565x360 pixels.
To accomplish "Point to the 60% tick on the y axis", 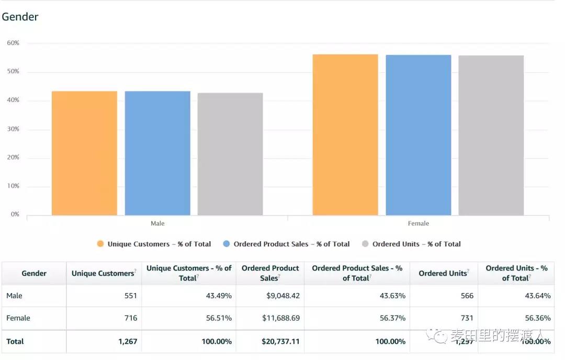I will tap(13, 43).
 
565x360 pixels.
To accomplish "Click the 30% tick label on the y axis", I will tap(13, 129).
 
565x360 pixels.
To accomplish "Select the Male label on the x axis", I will tap(157, 223).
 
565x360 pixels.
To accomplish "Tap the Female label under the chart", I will tap(419, 223).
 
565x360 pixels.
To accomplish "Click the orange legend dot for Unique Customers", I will tap(100, 244).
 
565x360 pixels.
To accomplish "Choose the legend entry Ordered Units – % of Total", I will tap(416, 244).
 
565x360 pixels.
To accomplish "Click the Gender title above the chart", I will tap(20, 17).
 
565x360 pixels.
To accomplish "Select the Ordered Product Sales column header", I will tap(270, 273).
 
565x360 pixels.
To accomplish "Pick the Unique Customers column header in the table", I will tap(103, 273).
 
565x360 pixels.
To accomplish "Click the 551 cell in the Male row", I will tap(130, 296).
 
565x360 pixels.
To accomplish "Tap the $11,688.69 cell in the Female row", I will tap(280, 318).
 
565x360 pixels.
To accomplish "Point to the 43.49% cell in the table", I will tap(219, 296).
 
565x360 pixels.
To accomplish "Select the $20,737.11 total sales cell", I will tap(280, 341).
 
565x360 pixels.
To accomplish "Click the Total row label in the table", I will tap(15, 341).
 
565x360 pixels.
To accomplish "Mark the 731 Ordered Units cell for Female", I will tap(467, 318).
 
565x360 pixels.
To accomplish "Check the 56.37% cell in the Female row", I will tap(392, 318).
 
